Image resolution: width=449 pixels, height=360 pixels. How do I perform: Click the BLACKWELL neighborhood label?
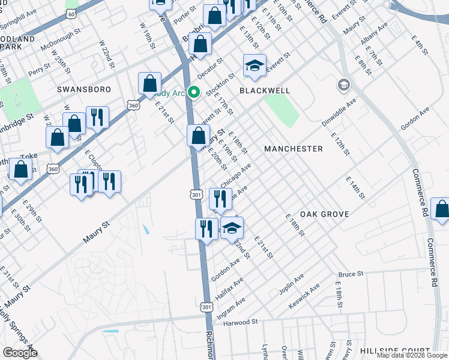coord(265,91)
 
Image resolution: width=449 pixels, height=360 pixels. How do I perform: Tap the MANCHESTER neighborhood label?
coord(294,148)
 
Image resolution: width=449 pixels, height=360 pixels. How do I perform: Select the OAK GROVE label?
coord(324,214)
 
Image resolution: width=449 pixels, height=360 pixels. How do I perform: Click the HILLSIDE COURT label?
coord(395,350)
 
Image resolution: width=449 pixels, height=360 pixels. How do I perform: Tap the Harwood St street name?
coord(240,322)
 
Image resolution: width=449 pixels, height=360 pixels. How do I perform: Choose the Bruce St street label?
coord(351,274)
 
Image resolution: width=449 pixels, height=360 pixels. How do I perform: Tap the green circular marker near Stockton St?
coord(193,92)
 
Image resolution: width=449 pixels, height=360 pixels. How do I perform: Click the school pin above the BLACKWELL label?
coord(255,65)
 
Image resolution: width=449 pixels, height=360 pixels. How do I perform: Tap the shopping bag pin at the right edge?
coord(441,209)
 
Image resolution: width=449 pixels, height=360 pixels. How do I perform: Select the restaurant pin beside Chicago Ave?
coord(220,198)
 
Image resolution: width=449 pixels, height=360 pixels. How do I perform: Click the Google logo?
coord(20,353)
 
